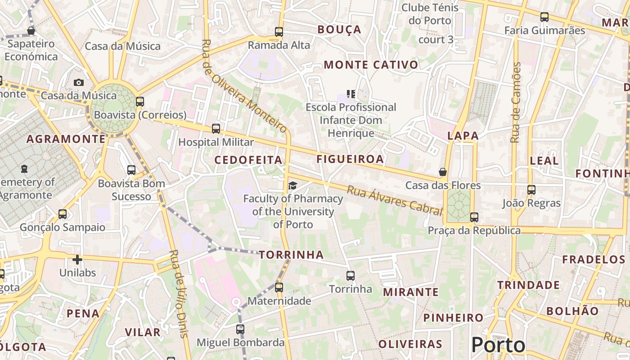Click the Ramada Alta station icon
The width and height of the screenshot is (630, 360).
coord(279,32)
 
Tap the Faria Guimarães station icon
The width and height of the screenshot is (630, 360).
coord(544,18)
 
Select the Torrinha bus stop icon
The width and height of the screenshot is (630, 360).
coord(351,276)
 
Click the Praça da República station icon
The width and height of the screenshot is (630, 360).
coord(474,217)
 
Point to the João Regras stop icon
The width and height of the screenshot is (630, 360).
coord(531,190)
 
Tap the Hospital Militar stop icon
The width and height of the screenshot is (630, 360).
coord(216,129)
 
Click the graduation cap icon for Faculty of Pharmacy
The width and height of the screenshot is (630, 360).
coord(293,185)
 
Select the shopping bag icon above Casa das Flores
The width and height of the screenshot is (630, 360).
coord(443,172)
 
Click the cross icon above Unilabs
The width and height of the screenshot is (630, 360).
coord(77,260)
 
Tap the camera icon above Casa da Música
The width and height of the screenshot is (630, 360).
coord(79,82)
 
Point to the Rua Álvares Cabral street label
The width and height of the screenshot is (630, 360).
coord(394,200)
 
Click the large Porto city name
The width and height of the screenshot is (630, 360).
coord(498,345)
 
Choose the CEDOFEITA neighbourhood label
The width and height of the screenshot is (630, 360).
coord(248,160)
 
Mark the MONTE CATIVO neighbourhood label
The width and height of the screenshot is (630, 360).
coord(371,65)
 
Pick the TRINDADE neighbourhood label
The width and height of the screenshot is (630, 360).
coord(528,285)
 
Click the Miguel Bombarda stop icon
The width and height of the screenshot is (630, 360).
coord(240,329)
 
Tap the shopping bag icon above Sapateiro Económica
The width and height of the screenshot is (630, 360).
coord(31,31)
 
